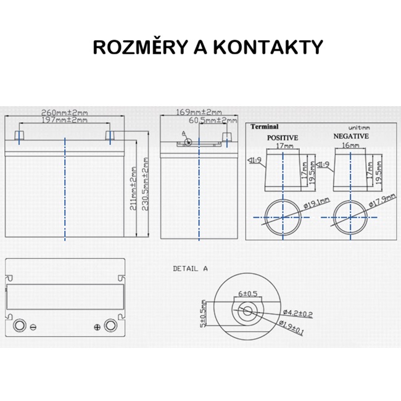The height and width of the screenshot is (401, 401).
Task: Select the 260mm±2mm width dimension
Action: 64,112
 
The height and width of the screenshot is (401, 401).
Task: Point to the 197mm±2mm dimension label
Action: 64,120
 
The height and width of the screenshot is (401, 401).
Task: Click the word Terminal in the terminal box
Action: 265,127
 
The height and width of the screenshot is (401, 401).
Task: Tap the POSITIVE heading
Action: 283,138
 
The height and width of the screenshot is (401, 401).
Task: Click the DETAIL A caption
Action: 191,268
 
